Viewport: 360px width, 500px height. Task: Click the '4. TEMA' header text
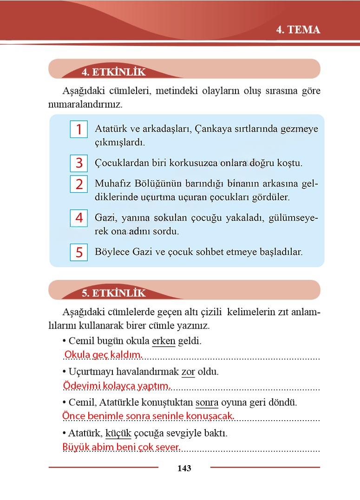pos(298,30)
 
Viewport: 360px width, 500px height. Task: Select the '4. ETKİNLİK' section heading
pos(113,72)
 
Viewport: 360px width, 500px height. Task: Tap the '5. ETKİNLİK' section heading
pos(113,293)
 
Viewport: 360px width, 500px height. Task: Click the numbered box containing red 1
pos(79,130)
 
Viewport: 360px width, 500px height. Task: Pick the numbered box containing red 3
pos(79,163)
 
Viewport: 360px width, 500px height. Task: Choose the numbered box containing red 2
pos(79,184)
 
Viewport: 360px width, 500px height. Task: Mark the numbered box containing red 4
pos(79,218)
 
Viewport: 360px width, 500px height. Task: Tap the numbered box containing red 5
pos(79,253)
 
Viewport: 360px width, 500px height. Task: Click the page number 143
pos(184,468)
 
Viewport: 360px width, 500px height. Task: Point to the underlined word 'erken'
pos(164,341)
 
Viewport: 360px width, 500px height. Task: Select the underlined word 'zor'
pos(188,372)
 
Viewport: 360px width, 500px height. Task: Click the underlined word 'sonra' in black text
pos(207,402)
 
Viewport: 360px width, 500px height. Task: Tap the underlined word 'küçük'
pos(118,434)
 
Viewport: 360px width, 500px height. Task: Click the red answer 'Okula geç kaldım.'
pos(103,355)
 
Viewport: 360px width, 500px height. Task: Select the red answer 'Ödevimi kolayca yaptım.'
pos(117,386)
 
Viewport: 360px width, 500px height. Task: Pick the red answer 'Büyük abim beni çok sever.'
pos(121,448)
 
